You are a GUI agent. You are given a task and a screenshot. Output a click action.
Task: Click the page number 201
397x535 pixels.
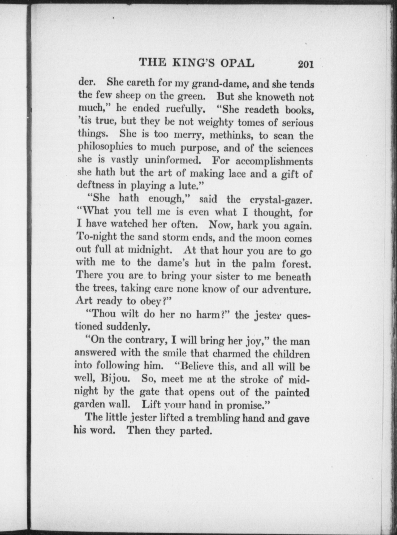[x=306, y=64]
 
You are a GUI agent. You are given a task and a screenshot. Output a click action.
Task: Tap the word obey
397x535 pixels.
[x=150, y=301]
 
